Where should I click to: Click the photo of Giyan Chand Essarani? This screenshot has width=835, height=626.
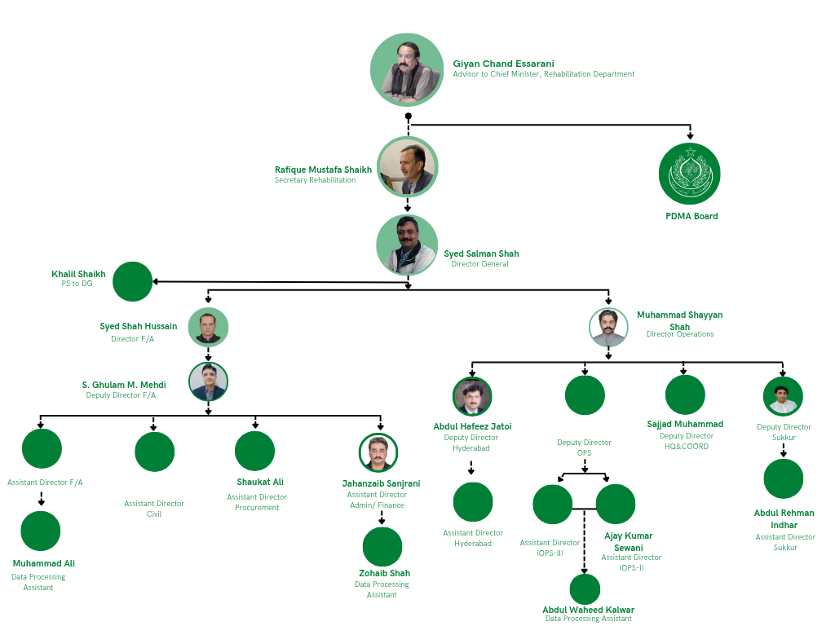(407, 70)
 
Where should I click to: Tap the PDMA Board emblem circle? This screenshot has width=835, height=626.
(690, 174)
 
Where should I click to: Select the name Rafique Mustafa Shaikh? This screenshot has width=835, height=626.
(323, 170)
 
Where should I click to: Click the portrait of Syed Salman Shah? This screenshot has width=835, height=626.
(407, 245)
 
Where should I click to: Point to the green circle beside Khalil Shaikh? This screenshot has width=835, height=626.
(132, 281)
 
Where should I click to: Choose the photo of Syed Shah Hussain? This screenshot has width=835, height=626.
(209, 328)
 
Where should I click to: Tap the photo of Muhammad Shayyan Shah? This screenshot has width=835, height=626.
(608, 328)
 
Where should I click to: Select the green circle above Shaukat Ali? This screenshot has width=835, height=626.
(254, 451)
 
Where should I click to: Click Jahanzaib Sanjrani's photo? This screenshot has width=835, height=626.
(378, 452)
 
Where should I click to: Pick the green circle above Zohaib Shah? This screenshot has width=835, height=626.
(382, 547)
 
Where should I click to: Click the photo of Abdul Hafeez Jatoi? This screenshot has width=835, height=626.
(472, 397)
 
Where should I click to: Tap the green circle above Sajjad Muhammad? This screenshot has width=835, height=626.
(685, 395)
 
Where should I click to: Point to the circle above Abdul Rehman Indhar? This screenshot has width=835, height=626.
(784, 478)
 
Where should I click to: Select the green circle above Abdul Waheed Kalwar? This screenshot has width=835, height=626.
(585, 589)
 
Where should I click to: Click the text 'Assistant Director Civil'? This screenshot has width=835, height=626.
(154, 509)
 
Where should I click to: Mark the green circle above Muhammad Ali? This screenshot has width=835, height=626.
(41, 531)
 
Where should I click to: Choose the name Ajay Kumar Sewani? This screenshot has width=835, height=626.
(628, 541)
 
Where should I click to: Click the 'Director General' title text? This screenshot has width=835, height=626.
(479, 264)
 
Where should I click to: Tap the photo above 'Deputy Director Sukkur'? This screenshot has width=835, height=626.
(784, 396)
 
